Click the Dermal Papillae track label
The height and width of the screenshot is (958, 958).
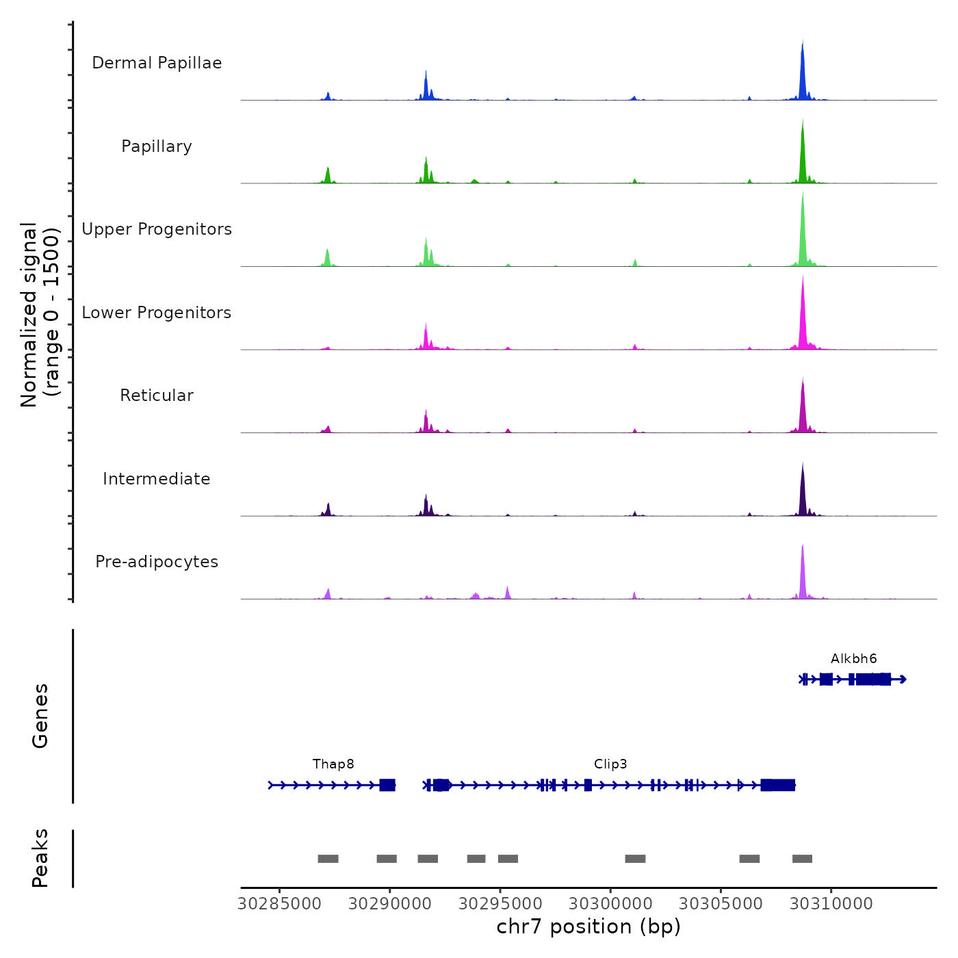pos(157,63)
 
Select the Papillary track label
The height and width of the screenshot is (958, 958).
pos(157,146)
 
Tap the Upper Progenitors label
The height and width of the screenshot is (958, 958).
pos(157,229)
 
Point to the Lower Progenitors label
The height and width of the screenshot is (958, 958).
pos(157,313)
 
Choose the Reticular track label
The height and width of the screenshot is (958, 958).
pos(157,396)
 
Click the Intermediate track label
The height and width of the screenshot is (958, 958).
pos(157,479)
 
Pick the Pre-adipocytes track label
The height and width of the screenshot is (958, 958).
pos(157,562)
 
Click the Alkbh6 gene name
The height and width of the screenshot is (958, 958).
pos(853,659)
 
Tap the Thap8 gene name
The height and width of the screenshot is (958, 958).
pos(333,764)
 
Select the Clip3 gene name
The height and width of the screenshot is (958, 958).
pos(610,764)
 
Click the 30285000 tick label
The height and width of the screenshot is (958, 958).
pos(279,904)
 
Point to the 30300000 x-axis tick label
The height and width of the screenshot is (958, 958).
pos(610,904)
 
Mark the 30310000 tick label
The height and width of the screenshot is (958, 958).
pos(831,904)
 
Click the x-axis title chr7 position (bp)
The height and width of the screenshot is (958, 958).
pos(588,927)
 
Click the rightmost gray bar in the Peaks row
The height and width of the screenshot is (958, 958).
pos(802,859)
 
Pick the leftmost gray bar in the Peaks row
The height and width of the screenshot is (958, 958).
pos(328,859)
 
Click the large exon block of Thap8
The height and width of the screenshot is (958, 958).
pos(387,785)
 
